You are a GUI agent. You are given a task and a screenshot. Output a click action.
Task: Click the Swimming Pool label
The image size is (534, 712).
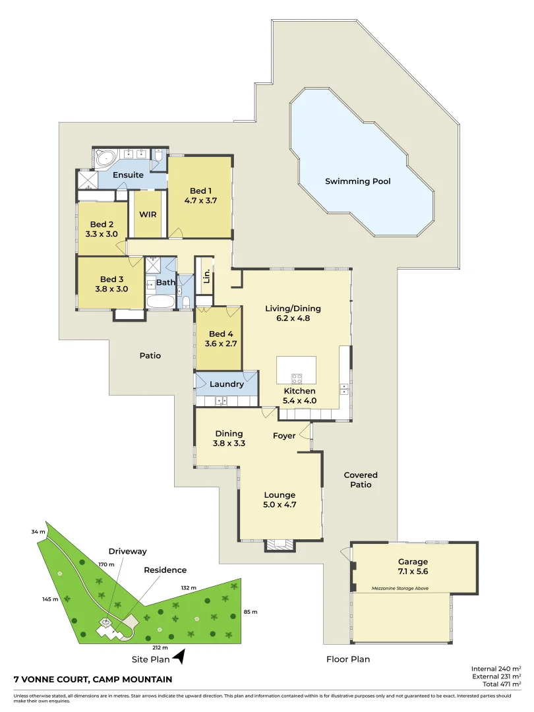click(358, 181)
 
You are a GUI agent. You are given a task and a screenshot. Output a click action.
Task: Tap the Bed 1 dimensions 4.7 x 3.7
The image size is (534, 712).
click(200, 200)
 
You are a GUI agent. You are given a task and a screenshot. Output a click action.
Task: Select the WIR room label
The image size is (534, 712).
click(147, 215)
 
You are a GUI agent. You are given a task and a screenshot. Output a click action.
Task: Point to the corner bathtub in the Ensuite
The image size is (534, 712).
click(105, 158)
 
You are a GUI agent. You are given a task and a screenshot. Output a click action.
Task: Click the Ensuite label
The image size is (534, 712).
click(128, 175)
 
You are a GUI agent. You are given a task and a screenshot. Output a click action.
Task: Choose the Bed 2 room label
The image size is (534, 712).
click(102, 223)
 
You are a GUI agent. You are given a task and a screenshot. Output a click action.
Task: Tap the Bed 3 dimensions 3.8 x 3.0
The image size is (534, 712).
click(111, 288)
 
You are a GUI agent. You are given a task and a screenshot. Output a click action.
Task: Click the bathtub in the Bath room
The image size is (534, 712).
click(160, 303)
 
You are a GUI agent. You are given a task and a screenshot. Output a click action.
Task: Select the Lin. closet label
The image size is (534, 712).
click(206, 275)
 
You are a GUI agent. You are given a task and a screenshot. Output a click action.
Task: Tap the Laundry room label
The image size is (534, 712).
click(227, 384)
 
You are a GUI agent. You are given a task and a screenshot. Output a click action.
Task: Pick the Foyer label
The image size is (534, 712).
click(284, 436)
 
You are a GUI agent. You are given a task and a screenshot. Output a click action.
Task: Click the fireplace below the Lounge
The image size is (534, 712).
click(280, 545)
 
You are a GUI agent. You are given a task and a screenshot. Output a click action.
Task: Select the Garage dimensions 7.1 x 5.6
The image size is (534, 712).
click(413, 572)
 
